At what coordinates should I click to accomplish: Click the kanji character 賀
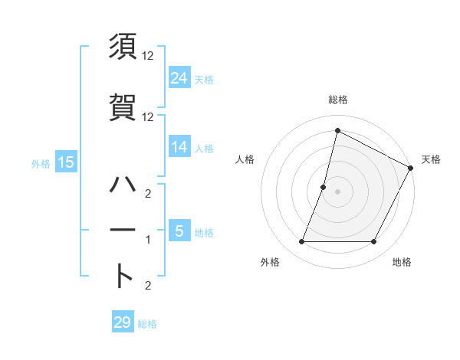point(123,106)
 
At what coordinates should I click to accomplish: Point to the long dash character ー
point(123,231)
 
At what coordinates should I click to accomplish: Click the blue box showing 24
point(179,77)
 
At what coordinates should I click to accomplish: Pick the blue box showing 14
point(179,147)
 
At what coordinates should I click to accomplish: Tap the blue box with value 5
point(179,231)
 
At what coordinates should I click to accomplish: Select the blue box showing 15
point(66,162)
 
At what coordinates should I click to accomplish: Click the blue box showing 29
point(123,322)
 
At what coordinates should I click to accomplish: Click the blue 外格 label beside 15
point(41,163)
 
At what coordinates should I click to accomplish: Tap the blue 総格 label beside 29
point(147,324)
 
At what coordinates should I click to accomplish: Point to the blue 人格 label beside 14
point(204,148)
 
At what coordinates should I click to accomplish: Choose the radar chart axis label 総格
point(337,100)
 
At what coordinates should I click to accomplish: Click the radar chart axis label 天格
point(431,159)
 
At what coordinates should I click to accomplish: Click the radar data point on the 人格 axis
point(324,187)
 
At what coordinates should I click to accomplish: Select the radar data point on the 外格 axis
point(301,242)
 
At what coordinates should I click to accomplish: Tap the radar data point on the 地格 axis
point(373,242)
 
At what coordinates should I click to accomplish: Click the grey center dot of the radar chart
point(337,191)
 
